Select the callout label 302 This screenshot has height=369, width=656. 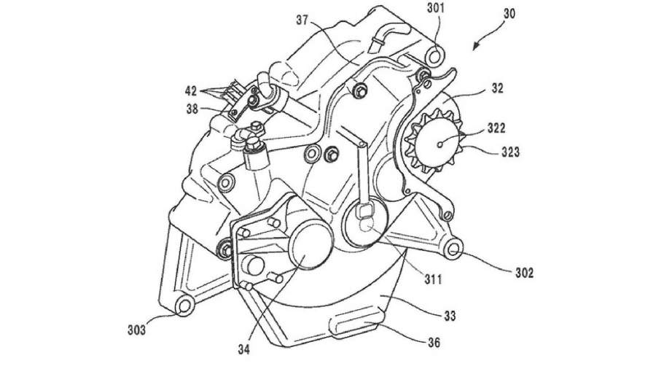click(x=524, y=273)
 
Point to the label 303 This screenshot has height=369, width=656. click(x=136, y=329)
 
